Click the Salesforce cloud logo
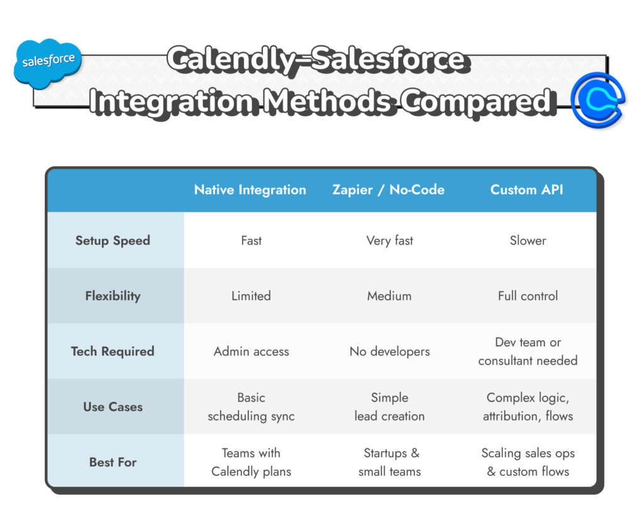[x=48, y=62]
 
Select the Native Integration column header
[x=250, y=190]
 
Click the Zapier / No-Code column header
[x=388, y=190]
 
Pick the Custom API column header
[x=526, y=190]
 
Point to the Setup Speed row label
[x=113, y=241]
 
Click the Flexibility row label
[x=113, y=296]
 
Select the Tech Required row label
[x=113, y=351]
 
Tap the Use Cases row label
[x=113, y=407]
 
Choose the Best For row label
[x=113, y=462]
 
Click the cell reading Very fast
[x=389, y=241]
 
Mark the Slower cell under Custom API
[x=528, y=241]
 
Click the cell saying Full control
[x=528, y=296]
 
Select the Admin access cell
[x=251, y=351]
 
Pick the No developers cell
[x=389, y=351]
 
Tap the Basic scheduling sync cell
[x=251, y=407]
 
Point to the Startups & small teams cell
[x=390, y=462]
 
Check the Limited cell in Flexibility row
[x=251, y=296]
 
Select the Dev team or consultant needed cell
[x=528, y=351]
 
